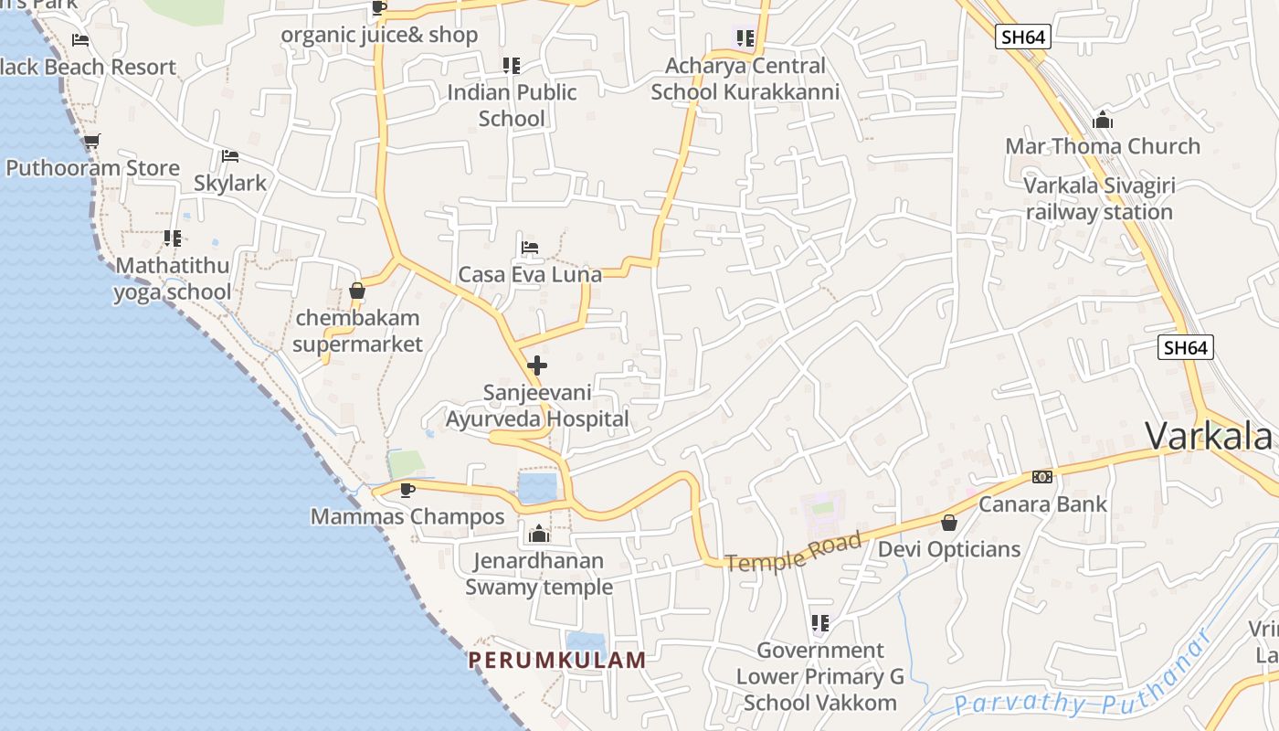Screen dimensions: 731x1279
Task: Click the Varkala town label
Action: (1208, 436)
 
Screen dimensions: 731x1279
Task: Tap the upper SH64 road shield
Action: (1023, 37)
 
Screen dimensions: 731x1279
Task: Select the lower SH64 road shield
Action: (1187, 347)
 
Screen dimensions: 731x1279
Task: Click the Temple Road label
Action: (793, 552)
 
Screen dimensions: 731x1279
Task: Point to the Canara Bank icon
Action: (1041, 477)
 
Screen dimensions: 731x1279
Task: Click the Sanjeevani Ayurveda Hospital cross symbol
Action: (537, 365)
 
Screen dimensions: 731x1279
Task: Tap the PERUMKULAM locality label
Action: (557, 660)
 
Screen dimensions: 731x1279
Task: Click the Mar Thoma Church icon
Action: (1103, 120)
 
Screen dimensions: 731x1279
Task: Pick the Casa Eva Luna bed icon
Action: (530, 247)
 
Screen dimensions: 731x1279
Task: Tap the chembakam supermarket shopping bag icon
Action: (357, 291)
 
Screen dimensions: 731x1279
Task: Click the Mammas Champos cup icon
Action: (407, 490)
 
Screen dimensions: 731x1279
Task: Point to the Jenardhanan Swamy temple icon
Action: (539, 533)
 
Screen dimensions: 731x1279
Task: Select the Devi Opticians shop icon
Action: (949, 523)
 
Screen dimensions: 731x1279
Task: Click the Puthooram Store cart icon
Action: (91, 142)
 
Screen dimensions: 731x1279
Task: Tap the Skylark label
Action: (230, 183)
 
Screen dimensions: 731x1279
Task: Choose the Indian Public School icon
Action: (512, 66)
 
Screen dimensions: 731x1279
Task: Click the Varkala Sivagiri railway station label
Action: (1099, 198)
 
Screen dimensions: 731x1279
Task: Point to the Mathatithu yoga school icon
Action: (173, 238)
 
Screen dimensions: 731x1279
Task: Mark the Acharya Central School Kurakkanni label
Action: (745, 79)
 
